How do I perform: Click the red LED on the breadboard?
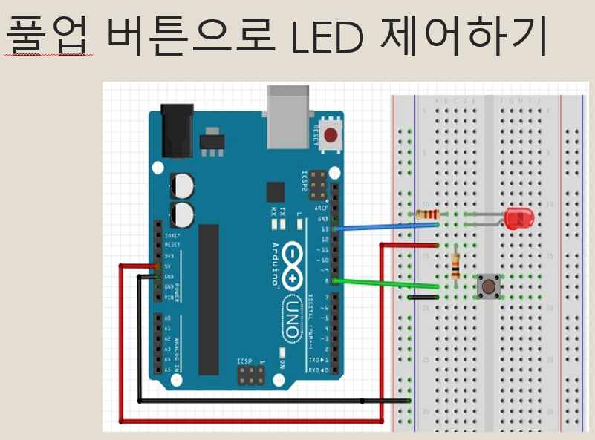click(x=518, y=218)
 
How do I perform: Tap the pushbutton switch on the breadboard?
click(x=487, y=286)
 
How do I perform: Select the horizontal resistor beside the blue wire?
click(x=426, y=215)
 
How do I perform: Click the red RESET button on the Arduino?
click(x=330, y=135)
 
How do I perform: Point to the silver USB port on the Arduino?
click(x=289, y=115)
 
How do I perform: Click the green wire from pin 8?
click(x=386, y=283)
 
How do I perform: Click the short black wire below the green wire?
click(x=423, y=297)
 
